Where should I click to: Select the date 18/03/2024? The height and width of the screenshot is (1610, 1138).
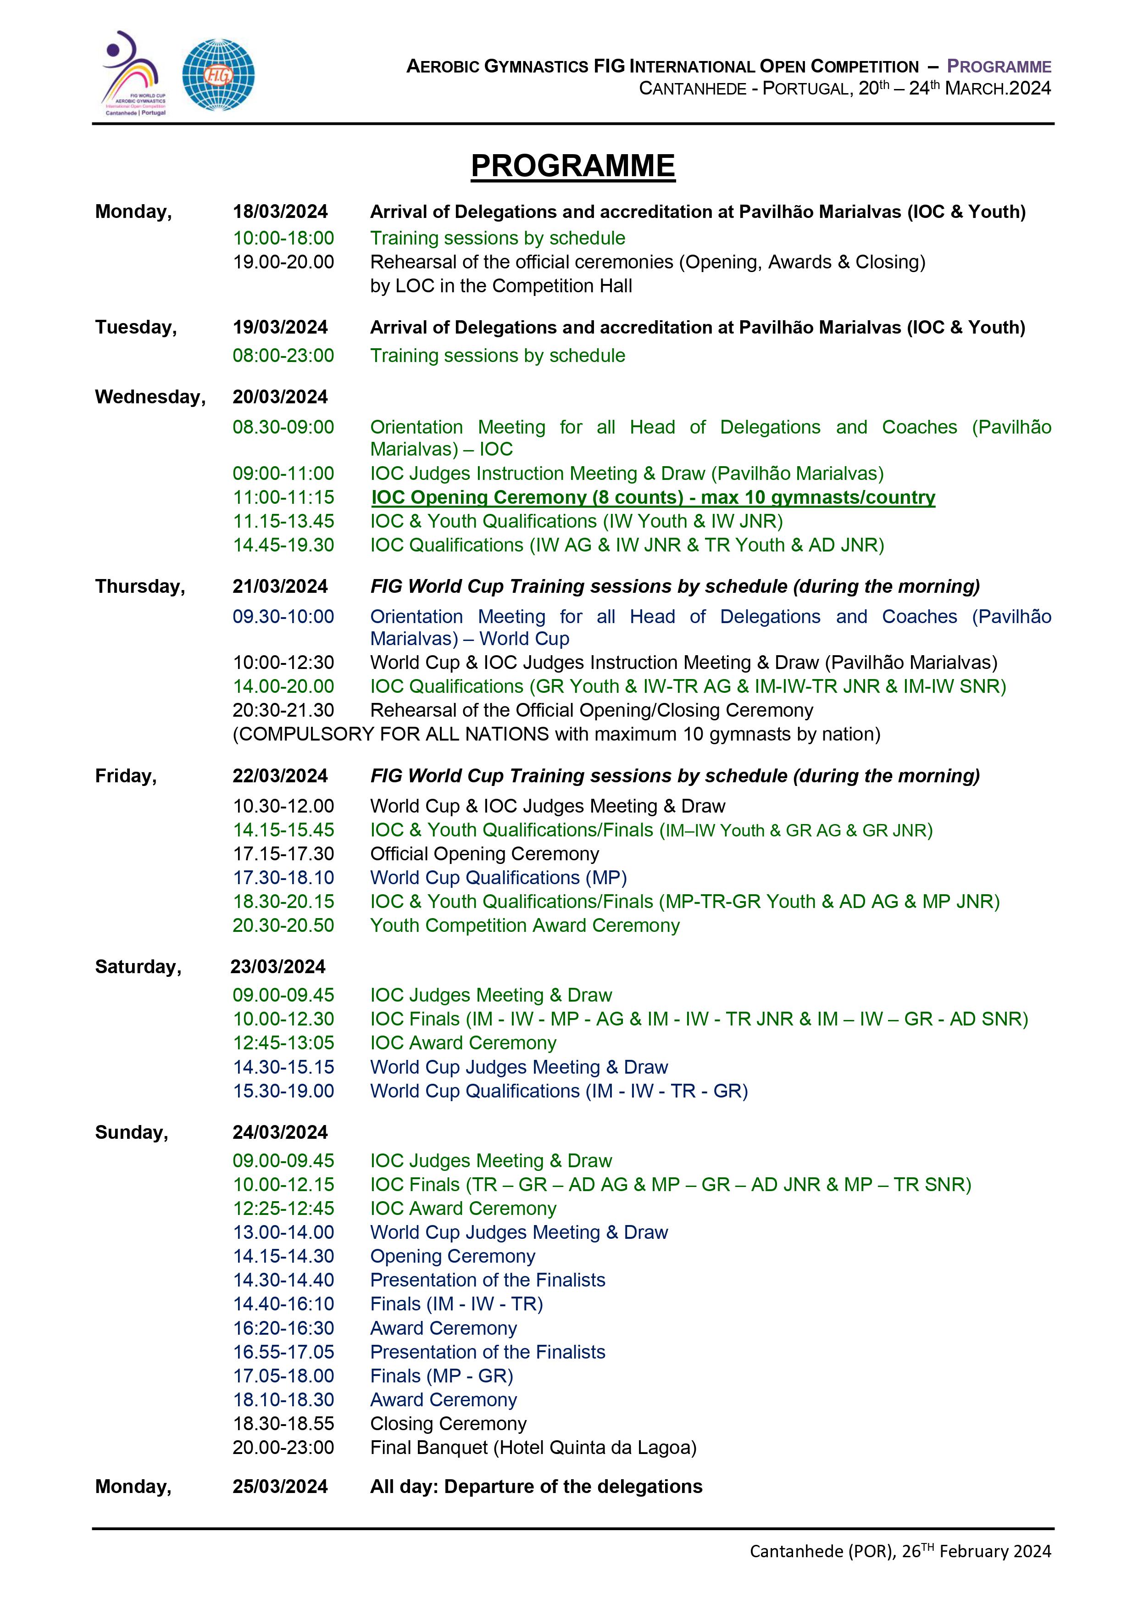[x=280, y=212]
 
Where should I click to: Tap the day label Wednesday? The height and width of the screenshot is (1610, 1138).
[x=150, y=397]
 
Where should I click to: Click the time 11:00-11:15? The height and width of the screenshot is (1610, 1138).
[x=283, y=497]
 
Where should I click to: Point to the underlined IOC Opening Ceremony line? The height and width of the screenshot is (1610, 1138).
[x=652, y=497]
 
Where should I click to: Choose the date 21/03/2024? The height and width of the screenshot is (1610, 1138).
[x=280, y=586]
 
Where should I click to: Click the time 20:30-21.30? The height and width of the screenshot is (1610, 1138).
[x=283, y=710]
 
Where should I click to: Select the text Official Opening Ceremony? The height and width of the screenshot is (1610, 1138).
[x=484, y=853]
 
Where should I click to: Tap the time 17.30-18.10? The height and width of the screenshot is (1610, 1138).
[x=283, y=877]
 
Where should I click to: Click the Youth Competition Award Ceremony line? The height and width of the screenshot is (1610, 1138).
[x=524, y=925]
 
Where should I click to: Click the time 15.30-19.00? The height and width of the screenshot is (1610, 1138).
[x=283, y=1091]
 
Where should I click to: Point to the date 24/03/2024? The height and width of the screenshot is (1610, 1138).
[x=280, y=1132]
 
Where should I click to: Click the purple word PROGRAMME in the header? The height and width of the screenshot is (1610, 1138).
[x=999, y=67]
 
